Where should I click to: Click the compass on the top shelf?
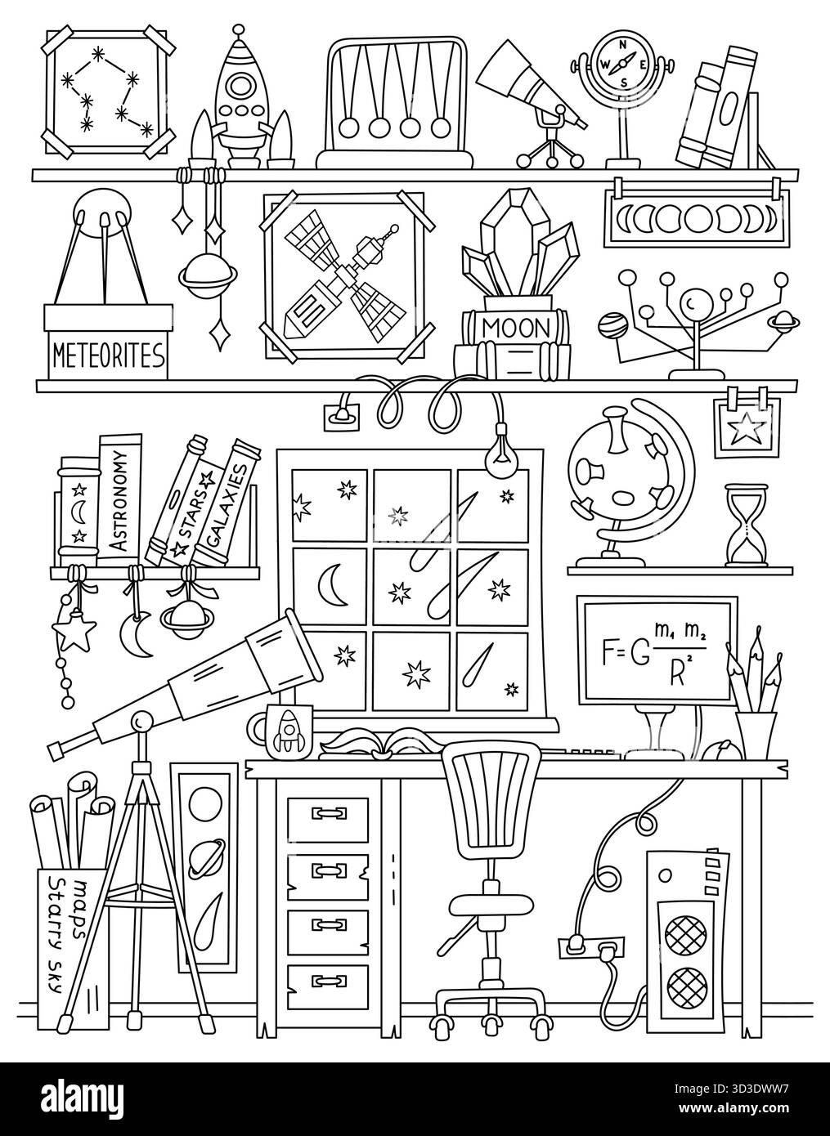click(x=626, y=62)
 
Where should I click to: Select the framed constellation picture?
click(x=109, y=92)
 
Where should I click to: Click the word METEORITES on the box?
click(x=108, y=356)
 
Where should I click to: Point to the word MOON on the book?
click(x=516, y=328)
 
